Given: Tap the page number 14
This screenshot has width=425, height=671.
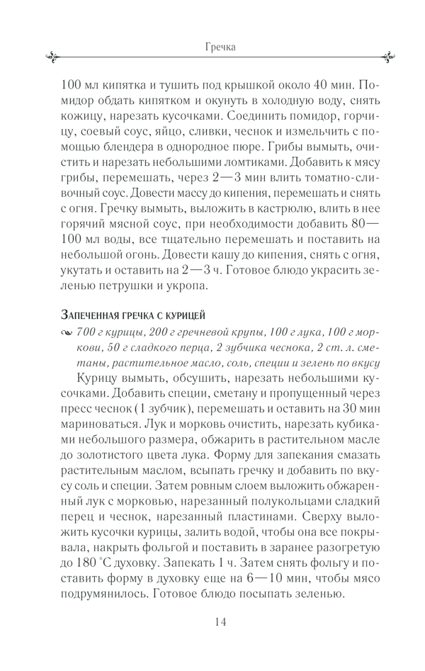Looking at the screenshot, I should pyautogui.click(x=220, y=621).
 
